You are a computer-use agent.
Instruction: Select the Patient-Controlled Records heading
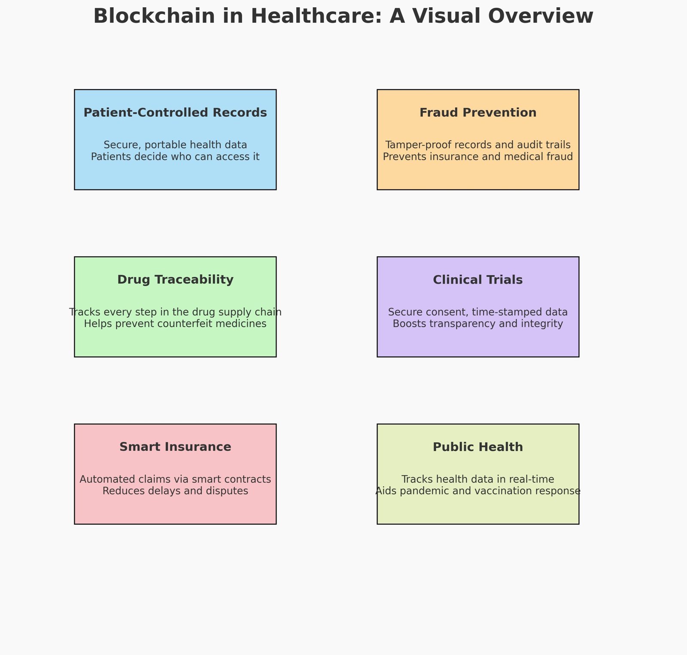click(175, 113)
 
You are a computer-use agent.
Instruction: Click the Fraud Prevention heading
click(478, 113)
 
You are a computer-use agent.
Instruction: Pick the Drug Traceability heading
click(175, 280)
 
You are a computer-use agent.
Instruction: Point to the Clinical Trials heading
click(478, 280)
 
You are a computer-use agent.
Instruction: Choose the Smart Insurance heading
click(175, 447)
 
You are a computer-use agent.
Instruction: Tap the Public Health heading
click(478, 447)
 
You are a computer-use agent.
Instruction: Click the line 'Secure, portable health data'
click(175, 145)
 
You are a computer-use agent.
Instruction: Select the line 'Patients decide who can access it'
click(175, 156)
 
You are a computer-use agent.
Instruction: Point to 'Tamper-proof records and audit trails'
click(478, 145)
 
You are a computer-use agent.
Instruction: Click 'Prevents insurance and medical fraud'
click(478, 156)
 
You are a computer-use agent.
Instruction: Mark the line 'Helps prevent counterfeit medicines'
click(175, 324)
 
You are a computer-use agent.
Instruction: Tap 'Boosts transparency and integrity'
click(478, 324)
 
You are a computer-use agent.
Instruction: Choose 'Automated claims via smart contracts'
click(175, 479)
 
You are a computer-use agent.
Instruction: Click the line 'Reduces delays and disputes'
click(175, 491)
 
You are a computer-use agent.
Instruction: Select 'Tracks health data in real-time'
click(478, 479)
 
